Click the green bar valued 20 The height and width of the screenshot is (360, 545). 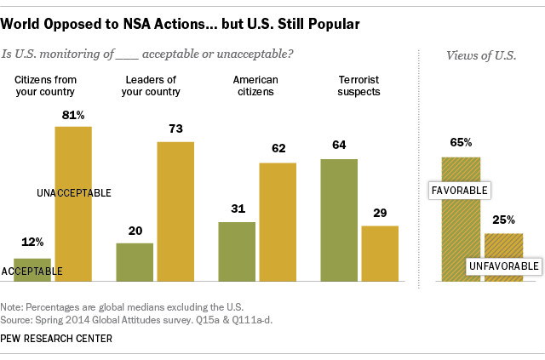point(135,261)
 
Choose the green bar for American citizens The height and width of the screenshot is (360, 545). point(237,251)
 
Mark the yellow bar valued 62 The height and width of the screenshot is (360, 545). point(278,221)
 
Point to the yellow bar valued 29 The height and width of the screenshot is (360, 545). point(380,253)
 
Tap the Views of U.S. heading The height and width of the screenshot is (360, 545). point(482,55)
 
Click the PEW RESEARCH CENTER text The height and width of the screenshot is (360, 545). point(57,338)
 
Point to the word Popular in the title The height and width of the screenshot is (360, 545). point(339,22)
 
